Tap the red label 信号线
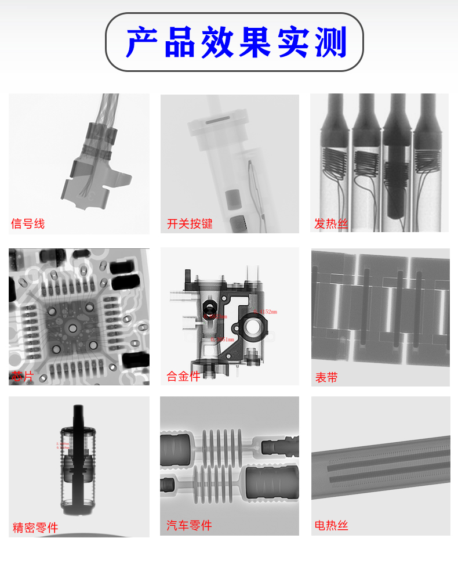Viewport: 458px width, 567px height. [x=27, y=223]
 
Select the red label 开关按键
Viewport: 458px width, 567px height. [x=190, y=223]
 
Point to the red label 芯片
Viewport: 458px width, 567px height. [x=22, y=377]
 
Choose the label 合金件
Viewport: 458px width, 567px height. [x=183, y=376]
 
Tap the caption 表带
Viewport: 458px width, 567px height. [x=326, y=377]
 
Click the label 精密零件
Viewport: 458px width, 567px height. [x=35, y=528]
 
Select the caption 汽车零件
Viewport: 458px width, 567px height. [x=189, y=525]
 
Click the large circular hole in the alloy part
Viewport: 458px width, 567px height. [x=253, y=328]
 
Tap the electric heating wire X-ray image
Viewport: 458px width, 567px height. [x=380, y=464]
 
